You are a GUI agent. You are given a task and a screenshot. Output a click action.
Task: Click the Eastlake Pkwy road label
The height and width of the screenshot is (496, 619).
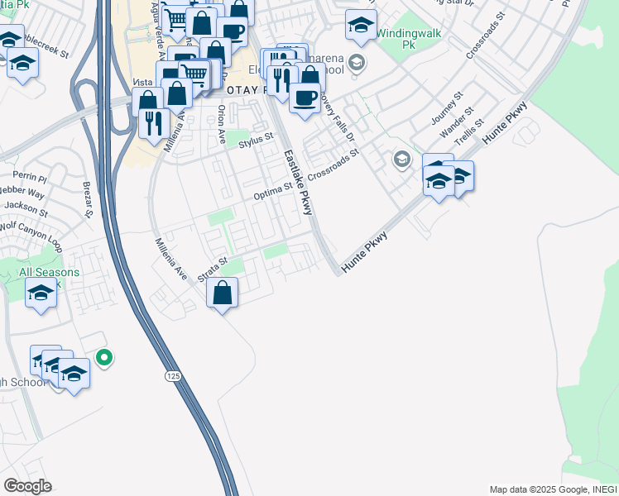click(297, 182)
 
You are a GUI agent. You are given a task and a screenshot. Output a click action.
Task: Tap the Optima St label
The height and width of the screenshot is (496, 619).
click(273, 192)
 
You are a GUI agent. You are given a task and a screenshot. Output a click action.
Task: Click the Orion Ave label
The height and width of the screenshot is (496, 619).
click(221, 124)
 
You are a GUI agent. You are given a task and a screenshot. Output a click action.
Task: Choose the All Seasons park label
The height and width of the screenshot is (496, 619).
click(49, 272)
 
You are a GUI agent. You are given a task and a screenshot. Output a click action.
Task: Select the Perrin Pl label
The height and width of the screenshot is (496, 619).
click(31, 175)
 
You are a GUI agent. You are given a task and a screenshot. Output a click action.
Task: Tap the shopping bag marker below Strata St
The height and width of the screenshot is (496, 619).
click(222, 292)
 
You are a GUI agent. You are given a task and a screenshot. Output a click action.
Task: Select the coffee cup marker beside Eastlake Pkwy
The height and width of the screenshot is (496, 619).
click(305, 98)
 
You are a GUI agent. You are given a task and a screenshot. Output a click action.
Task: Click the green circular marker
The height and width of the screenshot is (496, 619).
click(103, 358)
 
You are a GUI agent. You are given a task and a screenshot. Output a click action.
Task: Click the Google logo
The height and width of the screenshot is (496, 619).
click(26, 486)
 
